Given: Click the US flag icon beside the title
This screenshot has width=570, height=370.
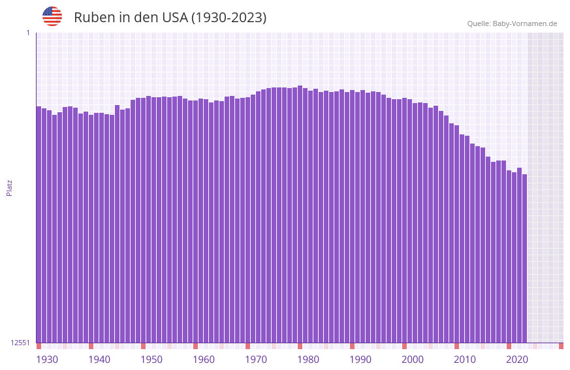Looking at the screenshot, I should [52, 16].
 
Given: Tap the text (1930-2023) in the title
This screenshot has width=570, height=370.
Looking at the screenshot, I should [228, 18].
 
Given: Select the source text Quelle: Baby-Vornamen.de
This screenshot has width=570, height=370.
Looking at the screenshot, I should [512, 23].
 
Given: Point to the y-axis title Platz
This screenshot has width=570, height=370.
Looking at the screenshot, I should [9, 187].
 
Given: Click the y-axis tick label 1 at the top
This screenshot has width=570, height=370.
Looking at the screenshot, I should [28, 33].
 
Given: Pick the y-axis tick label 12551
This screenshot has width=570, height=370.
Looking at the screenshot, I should [20, 343].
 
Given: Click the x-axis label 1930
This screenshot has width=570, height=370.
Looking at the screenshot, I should [47, 360].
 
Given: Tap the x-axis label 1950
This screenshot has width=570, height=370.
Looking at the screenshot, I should [151, 360].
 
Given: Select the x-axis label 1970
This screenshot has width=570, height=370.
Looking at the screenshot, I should [256, 360].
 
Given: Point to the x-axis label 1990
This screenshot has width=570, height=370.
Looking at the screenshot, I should [360, 360].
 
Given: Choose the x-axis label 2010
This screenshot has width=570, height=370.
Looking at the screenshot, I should [465, 360].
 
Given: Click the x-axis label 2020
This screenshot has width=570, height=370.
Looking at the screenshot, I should [517, 360].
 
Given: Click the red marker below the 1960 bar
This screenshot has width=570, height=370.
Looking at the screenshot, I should [195, 346].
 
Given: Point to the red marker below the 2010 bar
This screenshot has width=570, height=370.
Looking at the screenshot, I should [456, 346].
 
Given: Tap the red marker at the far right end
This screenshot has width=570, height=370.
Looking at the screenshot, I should [561, 346].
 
